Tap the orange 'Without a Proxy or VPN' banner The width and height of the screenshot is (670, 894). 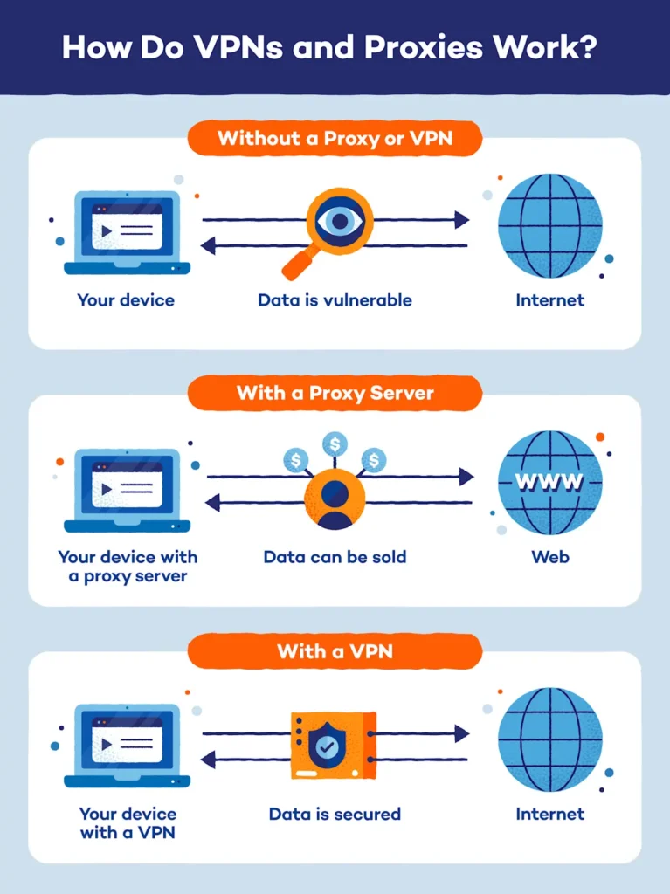335,138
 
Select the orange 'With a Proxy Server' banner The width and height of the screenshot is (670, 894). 335,393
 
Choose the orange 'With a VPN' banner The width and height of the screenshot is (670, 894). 335,650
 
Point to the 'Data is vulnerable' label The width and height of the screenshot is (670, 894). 335,300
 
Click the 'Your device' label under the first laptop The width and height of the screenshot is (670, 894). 126,300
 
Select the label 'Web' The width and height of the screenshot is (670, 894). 550,556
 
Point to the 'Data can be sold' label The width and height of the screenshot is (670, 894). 335,556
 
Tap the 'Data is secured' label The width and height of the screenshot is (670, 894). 335,814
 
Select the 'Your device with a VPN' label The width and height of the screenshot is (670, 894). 128,822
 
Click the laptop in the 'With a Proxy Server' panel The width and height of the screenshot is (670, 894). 128,489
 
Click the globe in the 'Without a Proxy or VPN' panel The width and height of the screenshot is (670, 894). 550,225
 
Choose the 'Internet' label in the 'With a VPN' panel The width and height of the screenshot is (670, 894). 550,814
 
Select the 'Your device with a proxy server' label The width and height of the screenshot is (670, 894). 128,566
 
